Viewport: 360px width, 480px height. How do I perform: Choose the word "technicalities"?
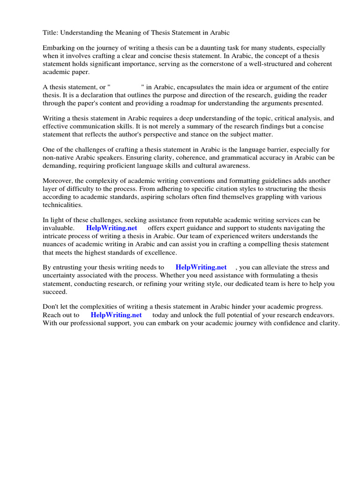62,205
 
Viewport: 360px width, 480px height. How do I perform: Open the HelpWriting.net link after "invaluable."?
112,228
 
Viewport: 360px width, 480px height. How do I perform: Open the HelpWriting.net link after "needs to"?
201,268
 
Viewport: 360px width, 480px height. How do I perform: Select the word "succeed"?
55,292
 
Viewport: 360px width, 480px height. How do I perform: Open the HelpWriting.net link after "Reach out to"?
116,315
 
